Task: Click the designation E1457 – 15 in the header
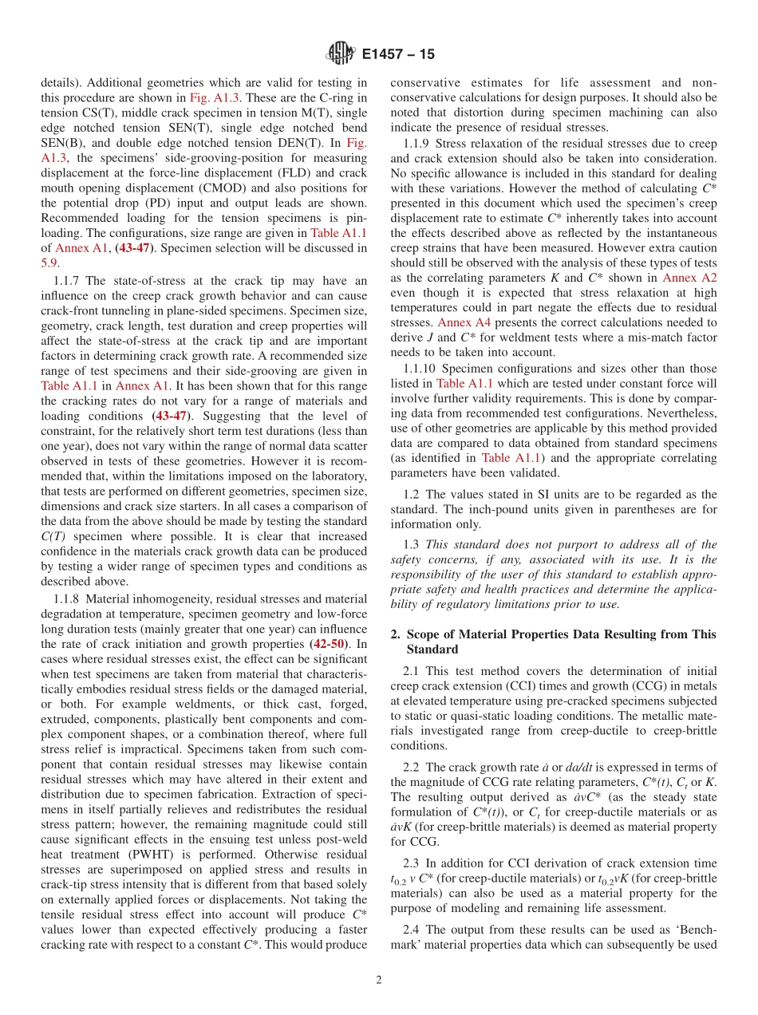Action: click(x=398, y=54)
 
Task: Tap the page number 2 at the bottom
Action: click(x=378, y=980)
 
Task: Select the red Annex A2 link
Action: click(x=689, y=278)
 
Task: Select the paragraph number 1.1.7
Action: click(x=68, y=281)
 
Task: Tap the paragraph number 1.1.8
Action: click(x=68, y=598)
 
